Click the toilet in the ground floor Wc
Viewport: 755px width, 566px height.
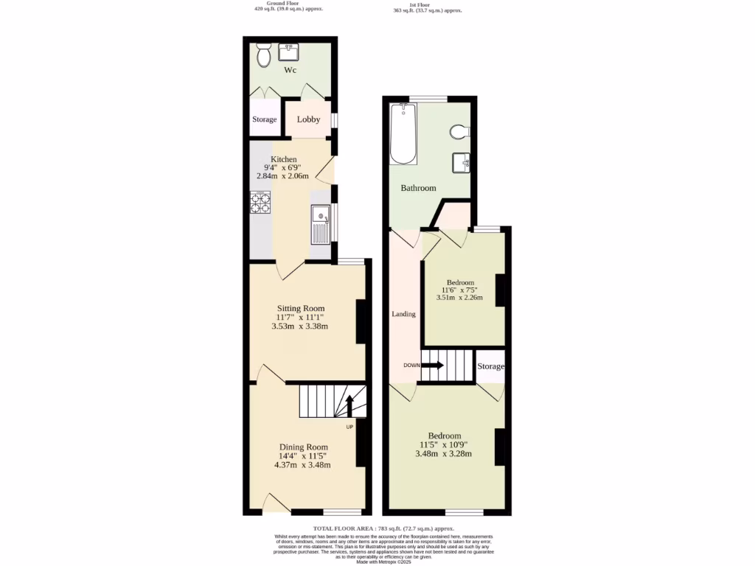pyautogui.click(x=264, y=55)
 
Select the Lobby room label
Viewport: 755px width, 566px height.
pyautogui.click(x=308, y=119)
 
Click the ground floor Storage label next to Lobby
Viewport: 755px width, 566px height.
pyautogui.click(x=265, y=119)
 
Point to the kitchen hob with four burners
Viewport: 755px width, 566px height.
pyautogui.click(x=260, y=202)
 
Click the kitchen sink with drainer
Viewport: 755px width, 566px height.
pyautogui.click(x=321, y=224)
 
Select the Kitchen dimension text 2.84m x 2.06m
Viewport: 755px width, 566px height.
pyautogui.click(x=284, y=176)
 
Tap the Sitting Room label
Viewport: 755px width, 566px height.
pyautogui.click(x=301, y=308)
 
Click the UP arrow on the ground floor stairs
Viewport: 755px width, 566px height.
pyautogui.click(x=350, y=406)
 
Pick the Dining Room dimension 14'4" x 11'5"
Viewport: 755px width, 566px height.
pyautogui.click(x=303, y=456)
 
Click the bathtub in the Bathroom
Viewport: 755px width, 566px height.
pyautogui.click(x=403, y=134)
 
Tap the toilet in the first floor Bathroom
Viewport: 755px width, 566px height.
pyautogui.click(x=459, y=132)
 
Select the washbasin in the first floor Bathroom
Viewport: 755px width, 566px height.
pyautogui.click(x=461, y=161)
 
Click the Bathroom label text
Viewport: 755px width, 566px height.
pyautogui.click(x=418, y=188)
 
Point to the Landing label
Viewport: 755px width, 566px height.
pyautogui.click(x=403, y=314)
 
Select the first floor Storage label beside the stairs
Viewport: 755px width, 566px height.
pyautogui.click(x=490, y=366)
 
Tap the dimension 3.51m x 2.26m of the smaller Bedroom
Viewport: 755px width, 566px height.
pyautogui.click(x=460, y=298)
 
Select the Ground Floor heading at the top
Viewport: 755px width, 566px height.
pyautogui.click(x=269, y=4)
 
